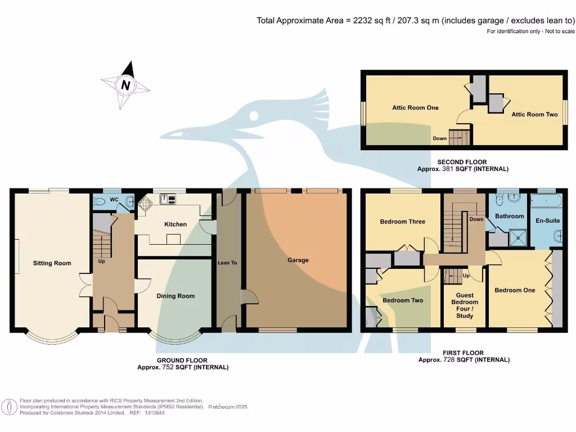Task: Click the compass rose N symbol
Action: (x=125, y=86)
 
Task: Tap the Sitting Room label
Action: (x=52, y=263)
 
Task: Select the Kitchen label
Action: (x=175, y=224)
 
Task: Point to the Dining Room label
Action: (x=175, y=296)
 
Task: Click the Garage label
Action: (x=298, y=260)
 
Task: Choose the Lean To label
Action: (x=227, y=263)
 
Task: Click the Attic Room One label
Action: (x=415, y=107)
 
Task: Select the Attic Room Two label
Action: (x=534, y=114)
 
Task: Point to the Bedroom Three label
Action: (x=402, y=222)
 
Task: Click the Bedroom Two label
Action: (x=403, y=300)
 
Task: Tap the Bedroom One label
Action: (x=515, y=290)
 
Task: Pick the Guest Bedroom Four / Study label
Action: (x=465, y=306)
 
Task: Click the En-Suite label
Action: (x=548, y=220)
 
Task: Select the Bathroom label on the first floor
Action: (x=510, y=216)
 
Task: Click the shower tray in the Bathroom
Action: (x=519, y=238)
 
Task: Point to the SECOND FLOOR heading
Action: (x=462, y=162)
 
